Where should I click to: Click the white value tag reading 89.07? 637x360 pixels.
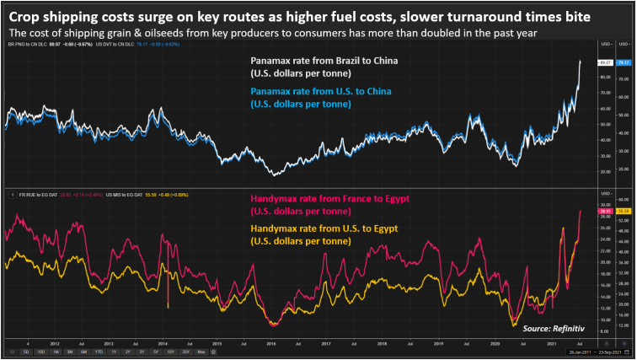click(605, 62)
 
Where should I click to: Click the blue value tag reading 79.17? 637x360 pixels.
click(624, 62)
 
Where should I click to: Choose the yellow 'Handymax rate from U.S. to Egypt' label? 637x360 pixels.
click(323, 228)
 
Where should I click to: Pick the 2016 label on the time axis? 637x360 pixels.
click(270, 344)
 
